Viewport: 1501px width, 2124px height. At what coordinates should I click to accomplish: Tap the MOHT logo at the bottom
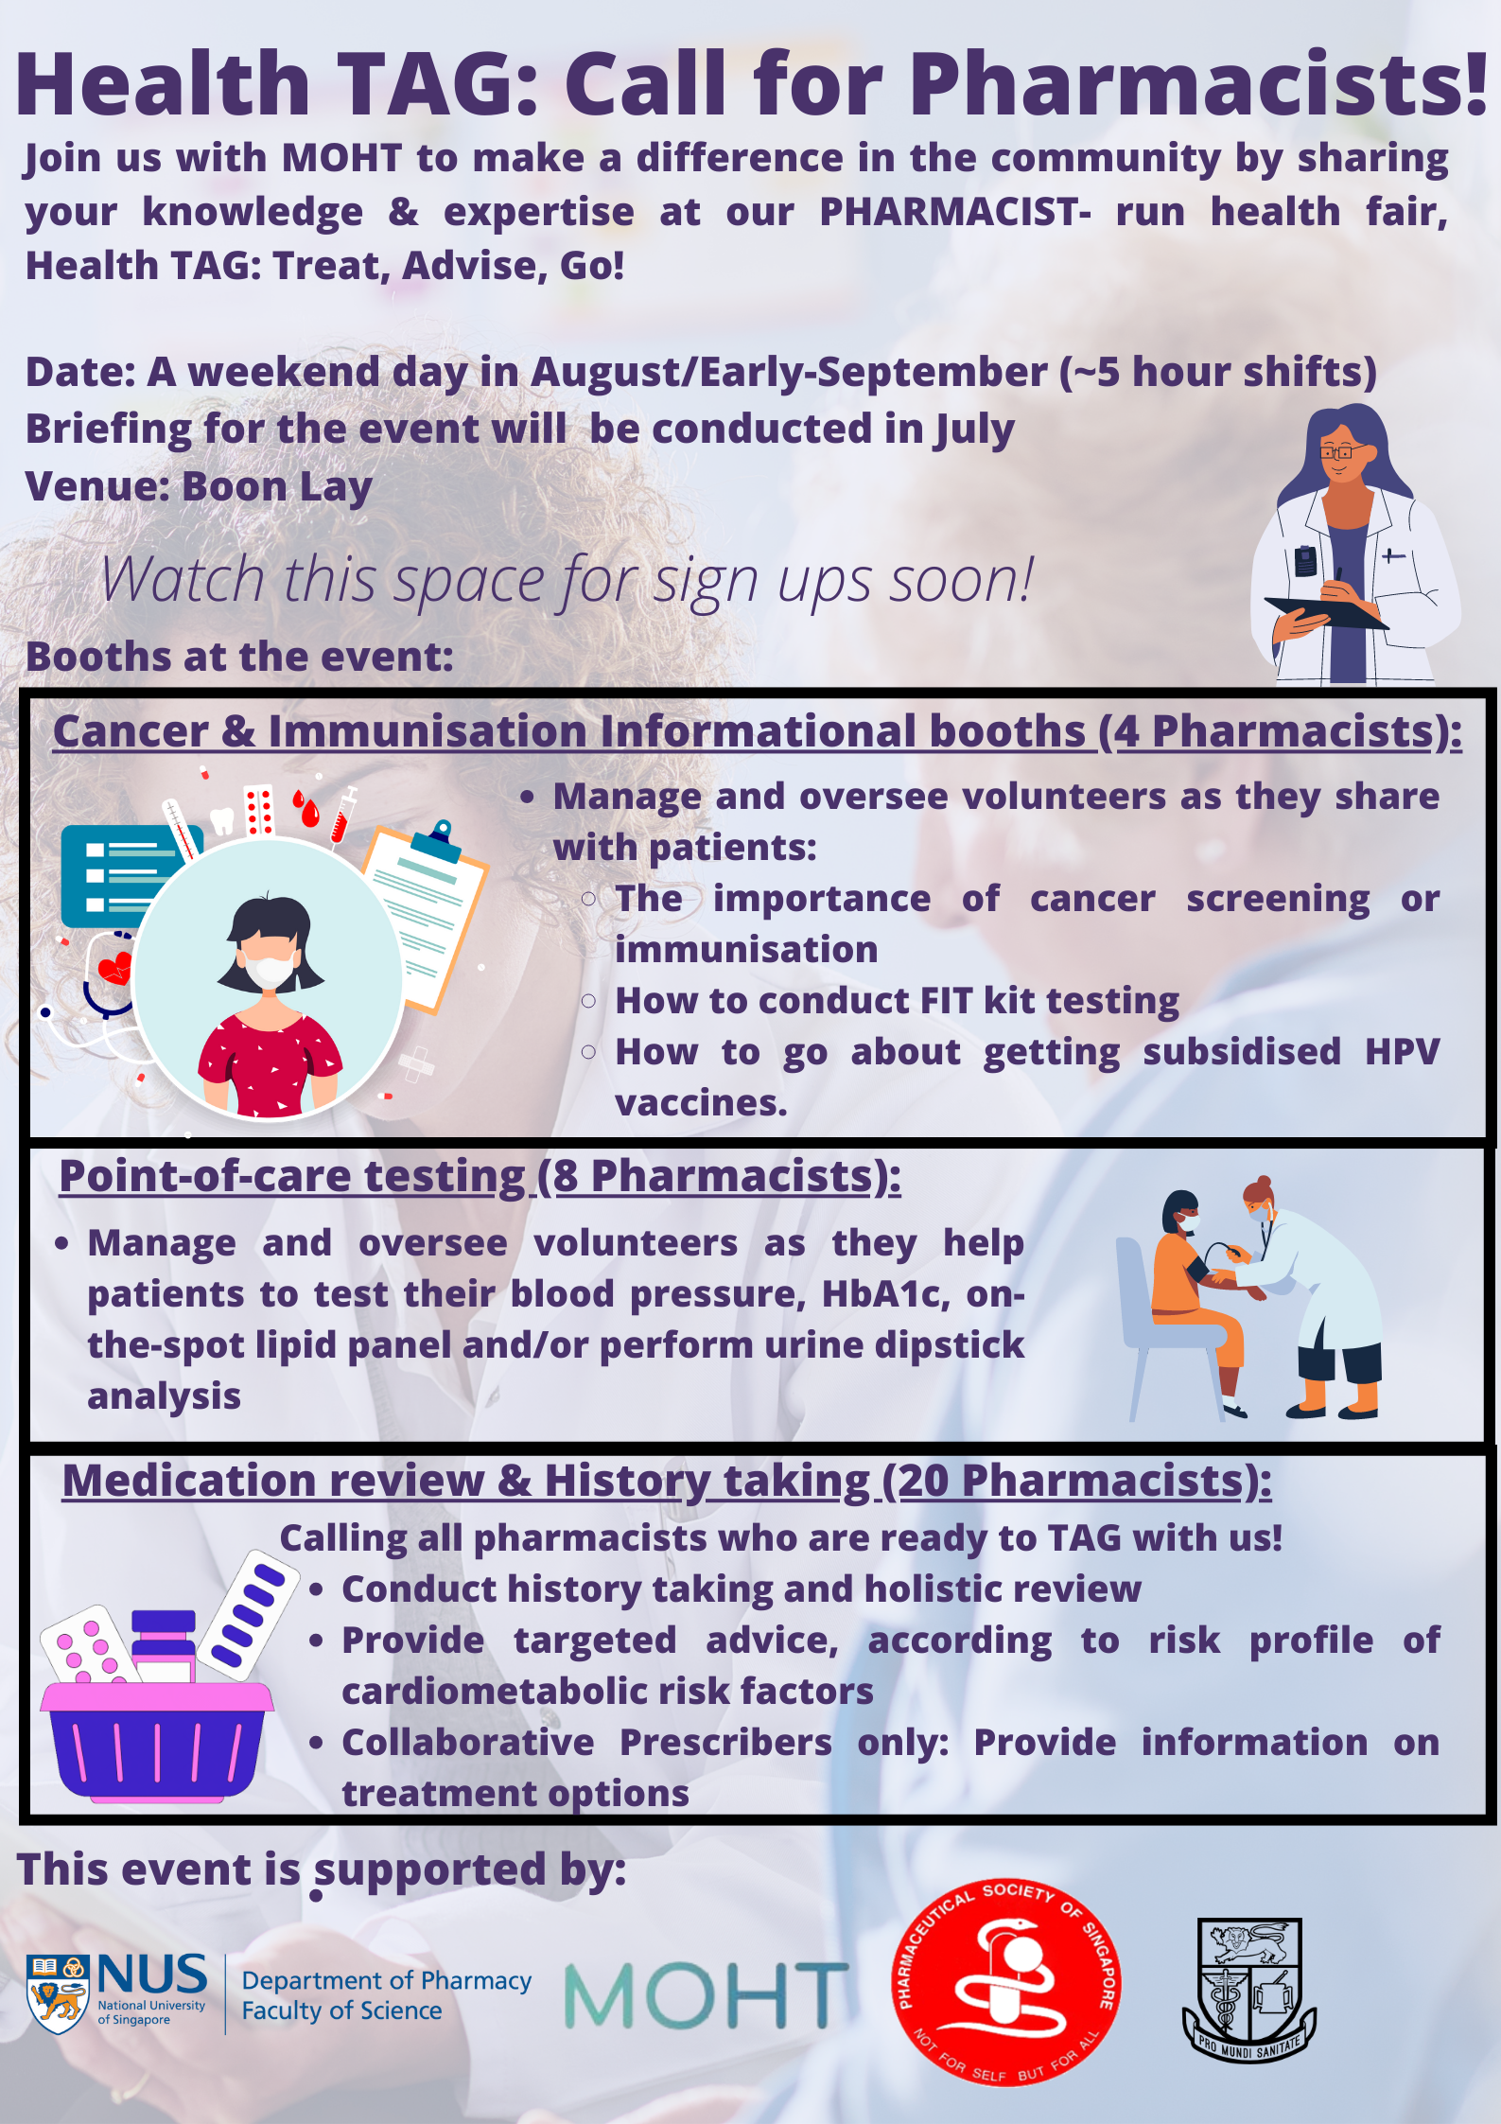706,1993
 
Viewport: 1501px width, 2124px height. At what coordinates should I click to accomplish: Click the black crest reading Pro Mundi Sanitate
1248,1990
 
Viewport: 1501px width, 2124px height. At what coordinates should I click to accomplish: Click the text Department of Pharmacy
387,1980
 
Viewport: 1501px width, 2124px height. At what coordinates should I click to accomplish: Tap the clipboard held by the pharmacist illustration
1326,612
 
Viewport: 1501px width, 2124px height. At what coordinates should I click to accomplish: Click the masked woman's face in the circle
269,953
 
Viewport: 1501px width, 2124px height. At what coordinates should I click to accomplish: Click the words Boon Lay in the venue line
277,487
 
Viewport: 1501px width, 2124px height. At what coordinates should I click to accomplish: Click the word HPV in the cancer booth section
1402,1052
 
